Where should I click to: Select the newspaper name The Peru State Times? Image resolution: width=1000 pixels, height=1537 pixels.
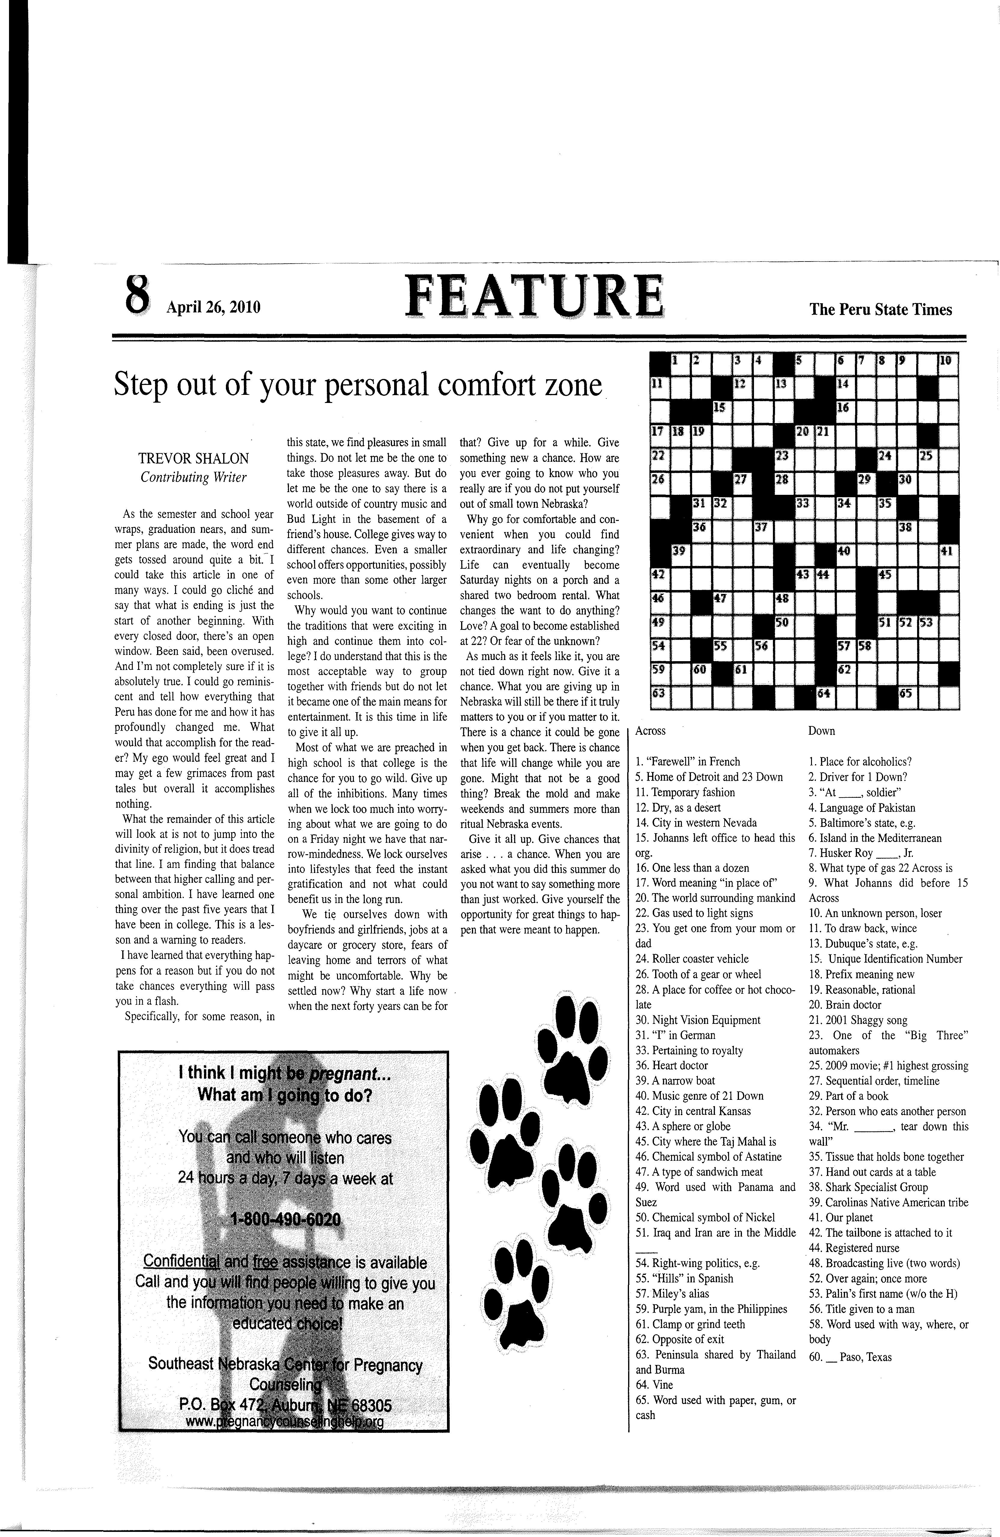[880, 309]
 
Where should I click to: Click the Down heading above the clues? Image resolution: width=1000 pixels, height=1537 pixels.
[822, 731]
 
